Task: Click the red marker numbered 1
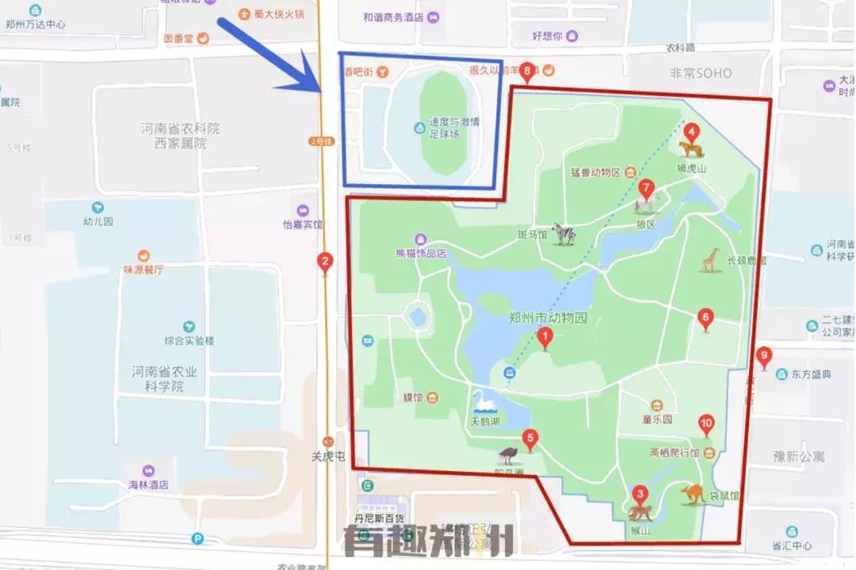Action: coord(545,339)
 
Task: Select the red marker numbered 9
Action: coord(764,358)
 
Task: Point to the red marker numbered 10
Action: coord(706,425)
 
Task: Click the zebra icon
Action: coord(564,234)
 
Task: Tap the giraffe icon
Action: coord(709,260)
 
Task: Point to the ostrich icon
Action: coord(508,456)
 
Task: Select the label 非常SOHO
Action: coord(701,73)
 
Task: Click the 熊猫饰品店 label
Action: coord(421,254)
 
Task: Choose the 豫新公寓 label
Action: coord(799,457)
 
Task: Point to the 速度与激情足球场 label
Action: coord(455,128)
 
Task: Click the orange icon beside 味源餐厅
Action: coord(143,255)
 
